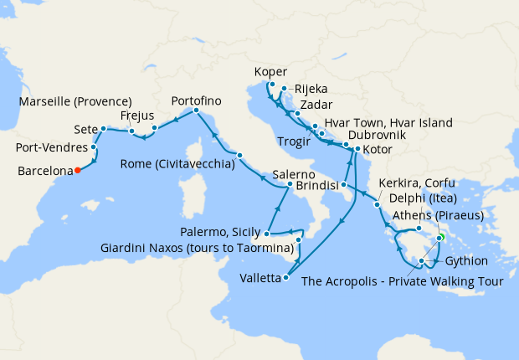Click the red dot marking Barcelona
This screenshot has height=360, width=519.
point(77,170)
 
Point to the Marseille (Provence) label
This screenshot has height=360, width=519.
point(79,102)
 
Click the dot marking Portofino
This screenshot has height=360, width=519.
point(196,111)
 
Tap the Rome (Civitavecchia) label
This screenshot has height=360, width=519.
point(177,164)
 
